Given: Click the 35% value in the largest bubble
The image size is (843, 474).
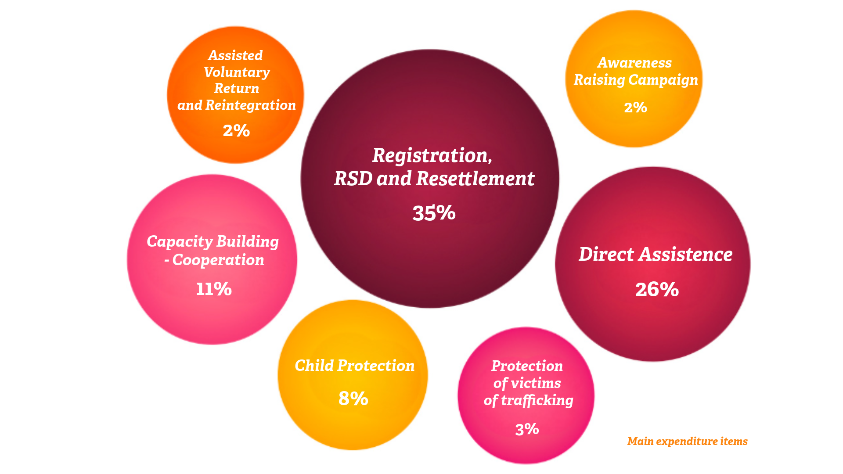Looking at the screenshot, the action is click(x=434, y=213).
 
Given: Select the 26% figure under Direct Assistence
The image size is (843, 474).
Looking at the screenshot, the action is click(x=657, y=289).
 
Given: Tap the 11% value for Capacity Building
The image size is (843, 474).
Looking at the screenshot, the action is click(x=214, y=289).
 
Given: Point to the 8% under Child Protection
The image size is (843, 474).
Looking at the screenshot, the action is click(x=353, y=399).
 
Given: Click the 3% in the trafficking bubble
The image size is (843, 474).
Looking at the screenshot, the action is click(x=527, y=429).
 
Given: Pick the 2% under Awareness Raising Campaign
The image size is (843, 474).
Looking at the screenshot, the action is click(x=635, y=107).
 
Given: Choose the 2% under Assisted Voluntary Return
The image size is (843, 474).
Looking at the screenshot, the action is click(x=236, y=130).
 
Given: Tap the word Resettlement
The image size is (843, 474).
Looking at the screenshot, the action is click(x=475, y=178).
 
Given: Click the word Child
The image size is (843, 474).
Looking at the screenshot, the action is click(x=314, y=365).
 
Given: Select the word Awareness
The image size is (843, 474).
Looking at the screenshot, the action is click(x=634, y=63).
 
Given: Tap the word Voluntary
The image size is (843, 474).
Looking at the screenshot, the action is click(x=237, y=72).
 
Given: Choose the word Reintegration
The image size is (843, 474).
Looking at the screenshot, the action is click(x=251, y=105).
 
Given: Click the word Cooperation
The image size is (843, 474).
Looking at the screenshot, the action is click(x=218, y=260).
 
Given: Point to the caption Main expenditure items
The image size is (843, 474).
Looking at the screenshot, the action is click(x=687, y=441).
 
